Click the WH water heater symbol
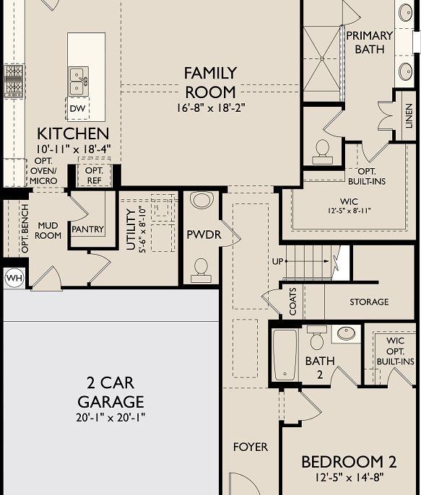coord(14,277)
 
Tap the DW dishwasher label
coord(77,109)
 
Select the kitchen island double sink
coord(77,81)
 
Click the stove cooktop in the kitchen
coord(14,81)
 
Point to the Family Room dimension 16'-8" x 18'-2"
coord(210,109)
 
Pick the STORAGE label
coord(368,302)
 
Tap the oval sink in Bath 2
coord(347,333)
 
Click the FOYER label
coord(250,447)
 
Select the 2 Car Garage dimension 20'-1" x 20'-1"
coord(110,418)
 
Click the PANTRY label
coord(87,229)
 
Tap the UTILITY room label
coord(131,229)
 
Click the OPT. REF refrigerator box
coord(95,175)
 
